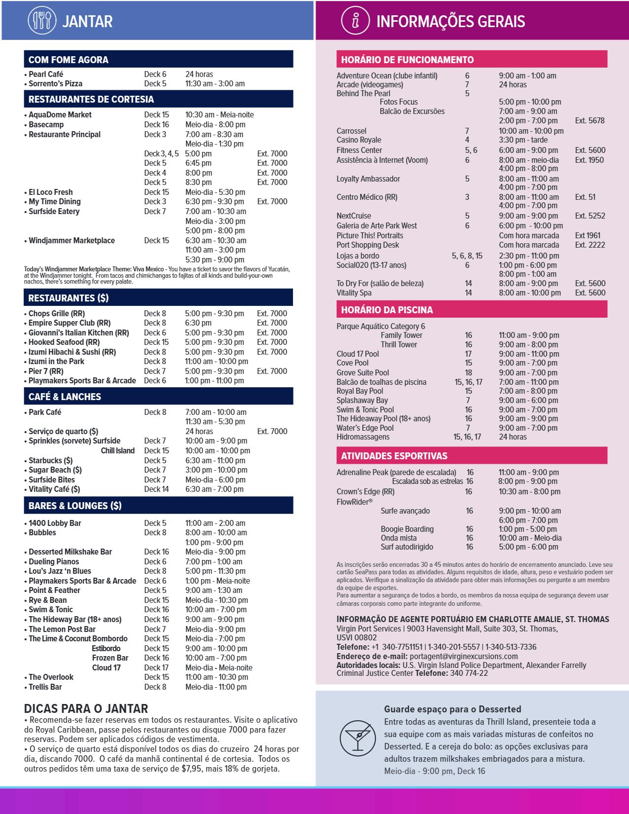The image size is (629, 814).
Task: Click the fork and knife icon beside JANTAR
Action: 42,20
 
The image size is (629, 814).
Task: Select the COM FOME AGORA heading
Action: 68,60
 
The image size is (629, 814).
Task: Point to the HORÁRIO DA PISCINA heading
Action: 387,310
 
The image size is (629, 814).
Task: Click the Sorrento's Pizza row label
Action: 55,84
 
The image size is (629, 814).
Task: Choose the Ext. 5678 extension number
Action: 590,120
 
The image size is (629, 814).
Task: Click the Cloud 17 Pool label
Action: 358,354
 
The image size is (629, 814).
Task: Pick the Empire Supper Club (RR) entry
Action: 69,323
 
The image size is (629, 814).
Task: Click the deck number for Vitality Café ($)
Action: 156,489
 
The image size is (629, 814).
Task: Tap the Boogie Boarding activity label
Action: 407,529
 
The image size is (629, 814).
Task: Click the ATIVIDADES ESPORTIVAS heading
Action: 394,456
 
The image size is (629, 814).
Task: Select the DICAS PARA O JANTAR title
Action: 86,709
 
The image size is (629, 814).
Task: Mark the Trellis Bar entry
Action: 45,687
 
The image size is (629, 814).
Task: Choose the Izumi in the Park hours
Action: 217,362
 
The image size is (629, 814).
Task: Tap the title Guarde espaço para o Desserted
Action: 452,709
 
